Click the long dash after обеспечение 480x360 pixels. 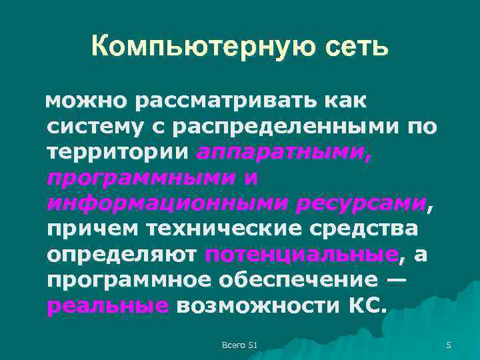coord(395,279)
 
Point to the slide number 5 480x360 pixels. coord(449,344)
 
